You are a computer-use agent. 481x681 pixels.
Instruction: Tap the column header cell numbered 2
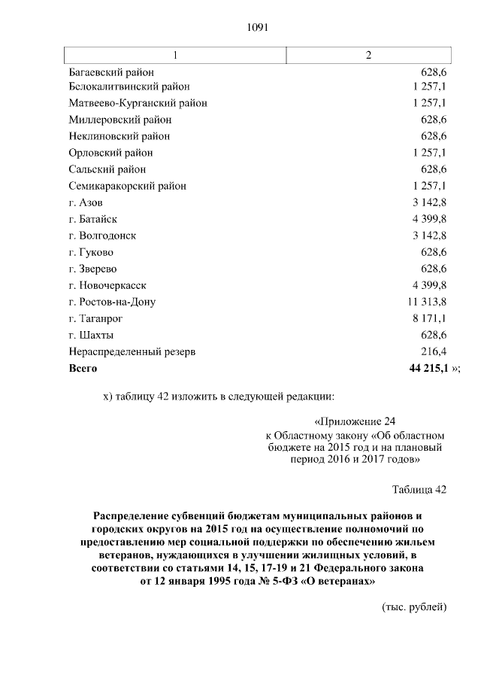pos(368,56)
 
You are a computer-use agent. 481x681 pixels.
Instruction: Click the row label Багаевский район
pos(111,72)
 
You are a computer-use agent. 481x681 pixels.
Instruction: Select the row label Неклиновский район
pos(119,136)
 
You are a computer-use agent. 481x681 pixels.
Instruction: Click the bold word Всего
pos(83,368)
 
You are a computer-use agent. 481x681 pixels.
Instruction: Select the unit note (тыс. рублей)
pos(415,607)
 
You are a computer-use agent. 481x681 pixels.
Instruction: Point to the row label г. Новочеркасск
pos(107,285)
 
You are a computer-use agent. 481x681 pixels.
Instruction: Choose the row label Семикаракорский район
pos(127,186)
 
